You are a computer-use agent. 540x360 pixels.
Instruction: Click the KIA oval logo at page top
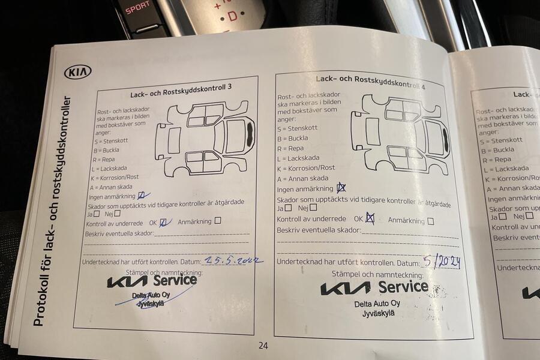79,72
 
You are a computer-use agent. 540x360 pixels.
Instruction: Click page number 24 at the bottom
263,345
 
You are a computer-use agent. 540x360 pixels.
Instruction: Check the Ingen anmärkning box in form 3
142,196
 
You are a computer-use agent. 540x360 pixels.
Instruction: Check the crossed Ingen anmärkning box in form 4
341,188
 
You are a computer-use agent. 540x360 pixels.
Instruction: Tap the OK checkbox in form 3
163,222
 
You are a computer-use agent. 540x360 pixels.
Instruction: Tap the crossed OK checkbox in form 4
370,219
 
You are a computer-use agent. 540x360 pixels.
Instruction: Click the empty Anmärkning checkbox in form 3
218,221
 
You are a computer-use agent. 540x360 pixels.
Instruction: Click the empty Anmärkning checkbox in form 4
430,221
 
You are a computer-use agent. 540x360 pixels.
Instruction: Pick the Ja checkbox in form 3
97,214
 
